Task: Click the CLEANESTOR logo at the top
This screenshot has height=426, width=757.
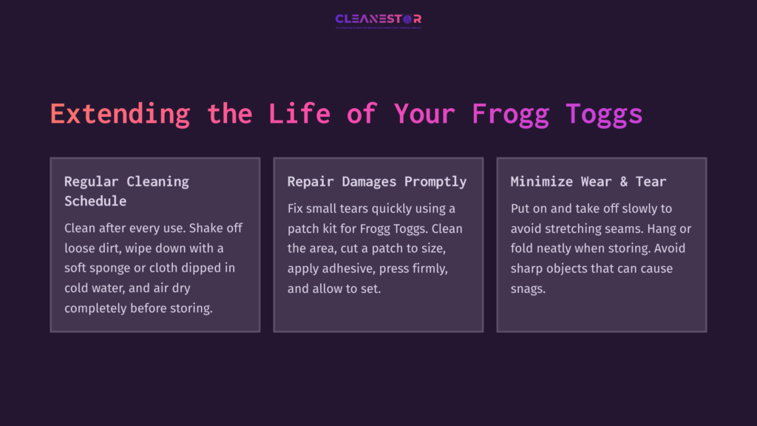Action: (378, 19)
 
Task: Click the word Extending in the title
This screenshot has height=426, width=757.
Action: (120, 114)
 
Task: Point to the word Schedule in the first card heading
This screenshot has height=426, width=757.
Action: (95, 201)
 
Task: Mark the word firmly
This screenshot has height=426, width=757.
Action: (435, 268)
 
